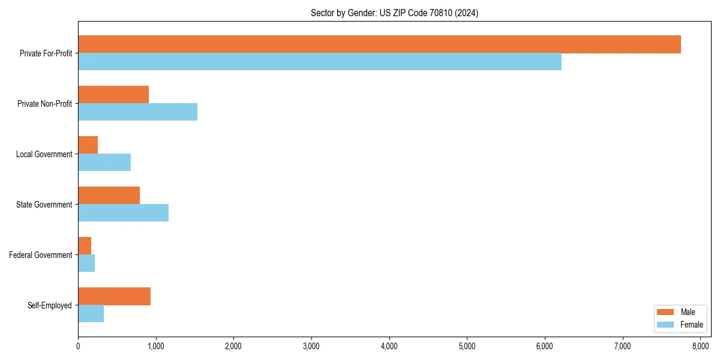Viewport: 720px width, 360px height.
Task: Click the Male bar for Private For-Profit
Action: pyautogui.click(x=379, y=44)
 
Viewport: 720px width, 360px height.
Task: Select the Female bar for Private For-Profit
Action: pyautogui.click(x=320, y=62)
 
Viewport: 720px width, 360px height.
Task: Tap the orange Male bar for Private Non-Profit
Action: pyautogui.click(x=113, y=95)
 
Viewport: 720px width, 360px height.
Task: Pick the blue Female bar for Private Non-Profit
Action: pyautogui.click(x=137, y=112)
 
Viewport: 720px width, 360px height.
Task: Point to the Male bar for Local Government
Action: pyautogui.click(x=88, y=145)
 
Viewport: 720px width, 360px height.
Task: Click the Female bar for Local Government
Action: pyautogui.click(x=104, y=163)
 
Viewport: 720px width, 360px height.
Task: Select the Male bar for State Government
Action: pyautogui.click(x=109, y=196)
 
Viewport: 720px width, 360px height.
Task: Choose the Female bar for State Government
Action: pyautogui.click(x=123, y=213)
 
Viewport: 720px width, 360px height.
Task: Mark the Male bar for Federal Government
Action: pyautogui.click(x=85, y=246)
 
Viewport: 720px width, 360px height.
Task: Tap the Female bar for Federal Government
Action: pyautogui.click(x=86, y=263)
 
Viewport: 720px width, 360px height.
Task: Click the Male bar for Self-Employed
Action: pyautogui.click(x=114, y=296)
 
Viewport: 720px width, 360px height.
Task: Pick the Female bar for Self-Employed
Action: pyautogui.click(x=91, y=314)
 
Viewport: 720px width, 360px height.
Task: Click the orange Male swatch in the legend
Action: pyautogui.click(x=666, y=312)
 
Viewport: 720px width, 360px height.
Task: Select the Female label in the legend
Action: pyautogui.click(x=691, y=325)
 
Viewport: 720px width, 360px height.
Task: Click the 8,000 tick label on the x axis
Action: pyautogui.click(x=700, y=346)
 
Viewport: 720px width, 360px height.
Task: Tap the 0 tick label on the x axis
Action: pyautogui.click(x=78, y=346)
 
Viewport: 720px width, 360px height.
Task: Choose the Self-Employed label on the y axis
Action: pyautogui.click(x=50, y=305)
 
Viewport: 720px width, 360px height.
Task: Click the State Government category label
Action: pyautogui.click(x=44, y=205)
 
